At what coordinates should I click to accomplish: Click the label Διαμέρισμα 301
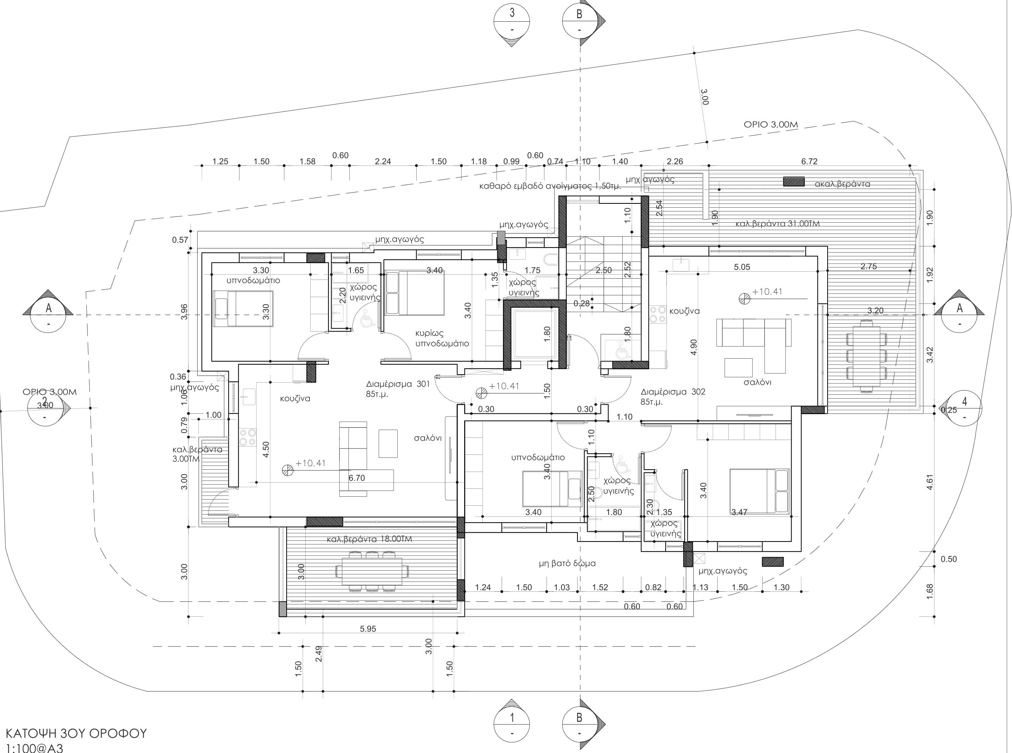tap(397, 384)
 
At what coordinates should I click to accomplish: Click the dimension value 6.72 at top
tap(809, 161)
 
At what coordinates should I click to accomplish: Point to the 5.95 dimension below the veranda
tap(368, 629)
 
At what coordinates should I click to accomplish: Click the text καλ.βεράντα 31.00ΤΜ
tap(777, 224)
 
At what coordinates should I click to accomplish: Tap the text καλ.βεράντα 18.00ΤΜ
tap(369, 539)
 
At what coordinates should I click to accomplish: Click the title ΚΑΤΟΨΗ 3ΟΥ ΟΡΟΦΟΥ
tap(75, 733)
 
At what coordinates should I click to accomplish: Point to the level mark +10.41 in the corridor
tap(503, 386)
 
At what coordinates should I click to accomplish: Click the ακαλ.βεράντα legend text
tap(842, 184)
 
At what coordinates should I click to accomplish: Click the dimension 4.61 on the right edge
tap(930, 481)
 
